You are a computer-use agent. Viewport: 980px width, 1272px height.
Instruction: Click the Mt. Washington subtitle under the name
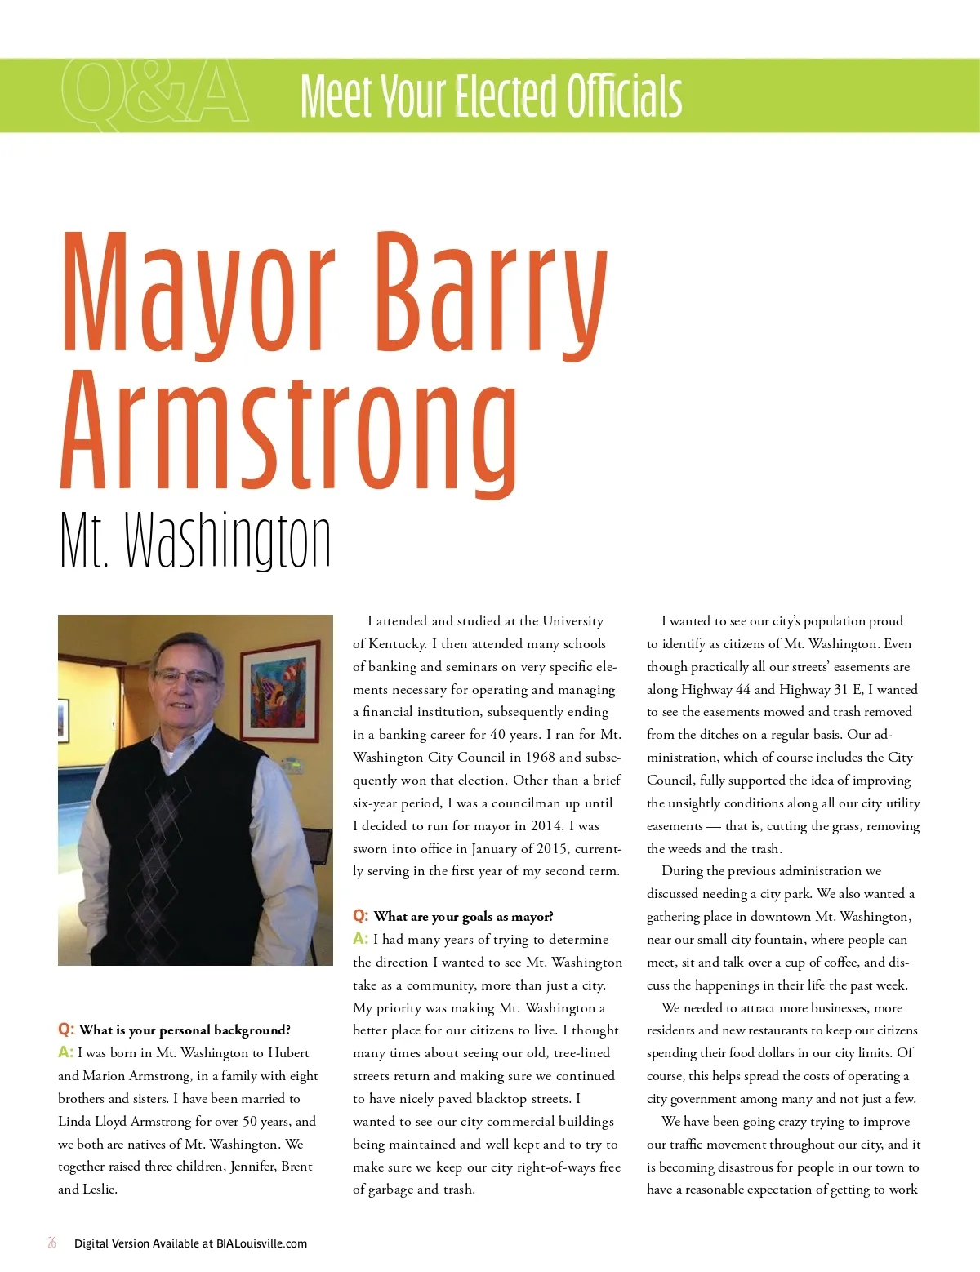(x=195, y=540)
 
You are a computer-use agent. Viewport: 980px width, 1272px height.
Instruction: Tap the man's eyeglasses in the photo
(x=186, y=677)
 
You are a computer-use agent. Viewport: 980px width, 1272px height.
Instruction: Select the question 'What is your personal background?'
(x=185, y=1030)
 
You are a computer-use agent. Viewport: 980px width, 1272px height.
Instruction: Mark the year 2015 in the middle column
(x=552, y=848)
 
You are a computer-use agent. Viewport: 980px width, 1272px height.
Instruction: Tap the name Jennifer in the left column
(x=252, y=1166)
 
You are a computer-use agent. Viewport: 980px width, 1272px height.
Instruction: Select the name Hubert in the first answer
(x=290, y=1052)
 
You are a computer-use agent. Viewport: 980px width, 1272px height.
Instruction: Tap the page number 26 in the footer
(x=52, y=1243)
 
